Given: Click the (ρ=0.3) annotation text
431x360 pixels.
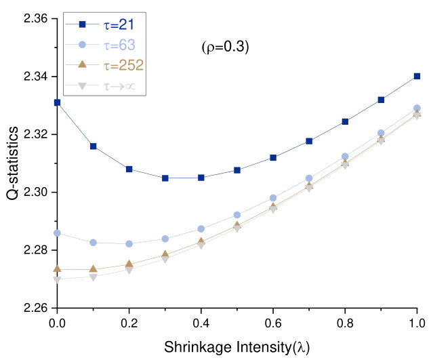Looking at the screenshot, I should point(226,47).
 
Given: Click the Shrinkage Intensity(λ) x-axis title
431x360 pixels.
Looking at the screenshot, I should point(237,346).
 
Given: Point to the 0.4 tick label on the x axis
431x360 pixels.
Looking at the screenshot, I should point(201,323).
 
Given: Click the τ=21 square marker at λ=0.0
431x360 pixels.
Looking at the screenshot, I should point(57,102).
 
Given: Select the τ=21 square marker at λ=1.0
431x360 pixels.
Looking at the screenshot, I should point(417,77).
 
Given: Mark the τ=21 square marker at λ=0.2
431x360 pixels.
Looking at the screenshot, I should point(129,169).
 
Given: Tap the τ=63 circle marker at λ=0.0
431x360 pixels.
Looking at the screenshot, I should point(57,233).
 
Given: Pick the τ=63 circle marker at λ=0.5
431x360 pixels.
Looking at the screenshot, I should point(237,215).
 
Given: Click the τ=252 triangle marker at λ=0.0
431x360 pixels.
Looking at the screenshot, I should point(57,269).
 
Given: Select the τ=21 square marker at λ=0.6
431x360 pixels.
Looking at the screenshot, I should point(273,157).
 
